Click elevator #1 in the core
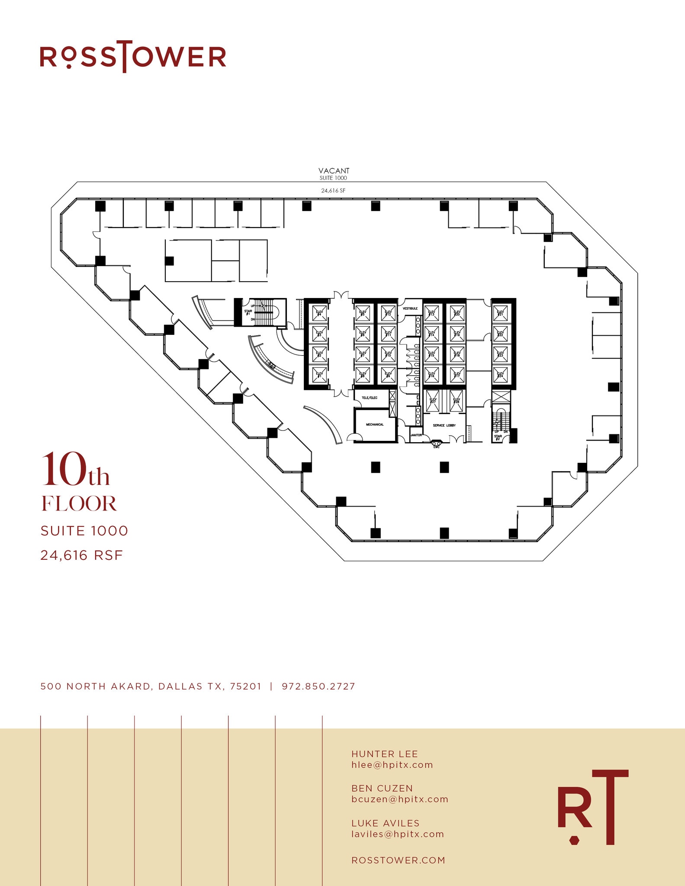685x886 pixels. point(319,375)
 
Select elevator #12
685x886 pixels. point(388,313)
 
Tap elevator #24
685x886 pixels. point(500,375)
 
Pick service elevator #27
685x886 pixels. point(433,400)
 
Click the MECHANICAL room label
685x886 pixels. point(375,424)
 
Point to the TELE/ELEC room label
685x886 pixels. point(370,398)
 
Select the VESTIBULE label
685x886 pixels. point(410,308)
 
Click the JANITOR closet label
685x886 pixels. point(416,435)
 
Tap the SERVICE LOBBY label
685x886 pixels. point(444,425)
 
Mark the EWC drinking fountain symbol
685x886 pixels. point(436,443)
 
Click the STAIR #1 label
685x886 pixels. point(248,312)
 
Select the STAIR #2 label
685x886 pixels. point(498,437)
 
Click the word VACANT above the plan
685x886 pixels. point(334,171)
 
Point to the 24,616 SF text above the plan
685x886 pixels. point(333,190)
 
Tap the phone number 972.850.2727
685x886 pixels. point(318,686)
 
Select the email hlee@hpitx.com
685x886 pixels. point(392,765)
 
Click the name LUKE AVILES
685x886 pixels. point(385,823)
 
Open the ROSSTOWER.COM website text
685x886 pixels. point(398,860)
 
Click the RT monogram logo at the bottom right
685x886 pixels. point(593,807)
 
